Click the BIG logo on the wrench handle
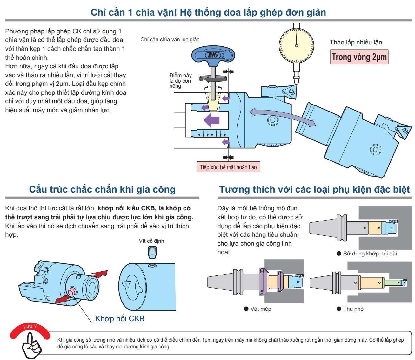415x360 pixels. pyautogui.click(x=213, y=55)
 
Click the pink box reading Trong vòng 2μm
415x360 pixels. pyautogui.click(x=359, y=57)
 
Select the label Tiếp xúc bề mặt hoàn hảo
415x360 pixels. pyautogui.click(x=228, y=167)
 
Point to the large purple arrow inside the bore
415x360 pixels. pyautogui.click(x=211, y=121)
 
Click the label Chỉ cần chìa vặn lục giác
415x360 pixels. pyautogui.click(x=170, y=39)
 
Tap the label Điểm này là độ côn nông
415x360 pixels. pyautogui.click(x=180, y=80)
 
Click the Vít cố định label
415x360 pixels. pyautogui.click(x=151, y=241)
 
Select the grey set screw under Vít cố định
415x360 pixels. pyautogui.click(x=152, y=253)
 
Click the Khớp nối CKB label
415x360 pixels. pyautogui.click(x=120, y=318)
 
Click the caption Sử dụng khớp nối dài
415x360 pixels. pyautogui.click(x=370, y=254)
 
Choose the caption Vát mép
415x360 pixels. pyautogui.click(x=260, y=309)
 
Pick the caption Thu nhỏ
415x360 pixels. pyautogui.click(x=353, y=309)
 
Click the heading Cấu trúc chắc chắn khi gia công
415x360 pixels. pyautogui.click(x=102, y=189)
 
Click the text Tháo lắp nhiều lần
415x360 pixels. pyautogui.click(x=356, y=42)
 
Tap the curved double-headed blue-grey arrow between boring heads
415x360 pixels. pyautogui.click(x=282, y=116)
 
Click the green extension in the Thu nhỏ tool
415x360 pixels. pyautogui.click(x=392, y=282)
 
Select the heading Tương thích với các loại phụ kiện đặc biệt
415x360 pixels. pyautogui.click(x=314, y=189)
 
